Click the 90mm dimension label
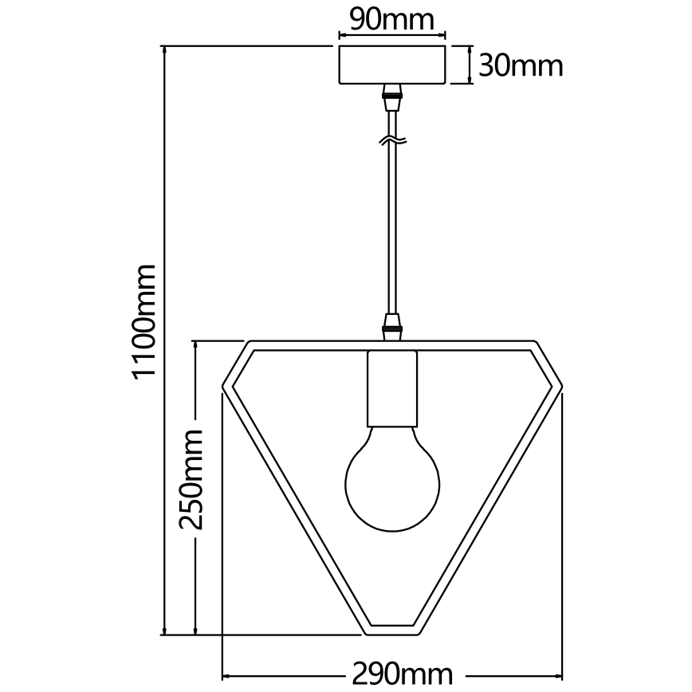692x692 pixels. point(391,19)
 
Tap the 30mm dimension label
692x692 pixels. point(520,65)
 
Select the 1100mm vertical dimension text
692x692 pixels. point(145,321)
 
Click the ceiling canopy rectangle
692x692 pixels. point(391,65)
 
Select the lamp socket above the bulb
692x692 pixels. point(391,389)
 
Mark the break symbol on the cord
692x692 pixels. point(391,142)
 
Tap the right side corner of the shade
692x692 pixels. point(558,388)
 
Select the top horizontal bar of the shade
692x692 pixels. point(391,345)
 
